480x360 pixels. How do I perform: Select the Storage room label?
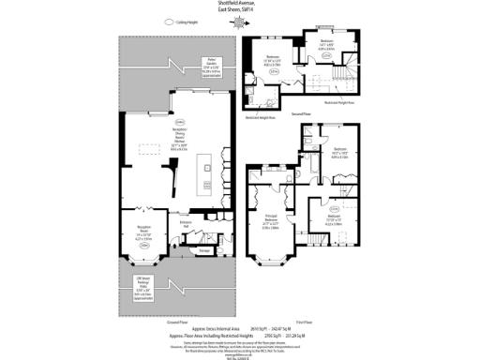tap(203, 251)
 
